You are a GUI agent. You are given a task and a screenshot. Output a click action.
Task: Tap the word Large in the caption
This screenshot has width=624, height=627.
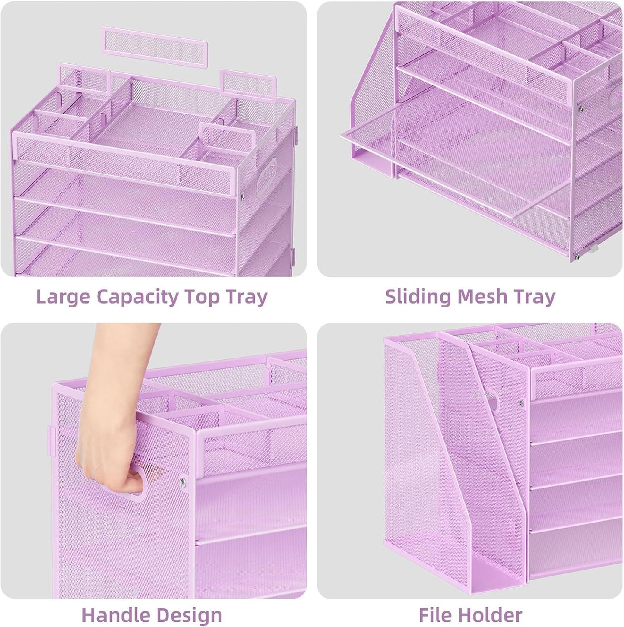click(x=63, y=298)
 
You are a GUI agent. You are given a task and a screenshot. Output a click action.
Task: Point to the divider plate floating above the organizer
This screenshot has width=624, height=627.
click(x=155, y=47)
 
